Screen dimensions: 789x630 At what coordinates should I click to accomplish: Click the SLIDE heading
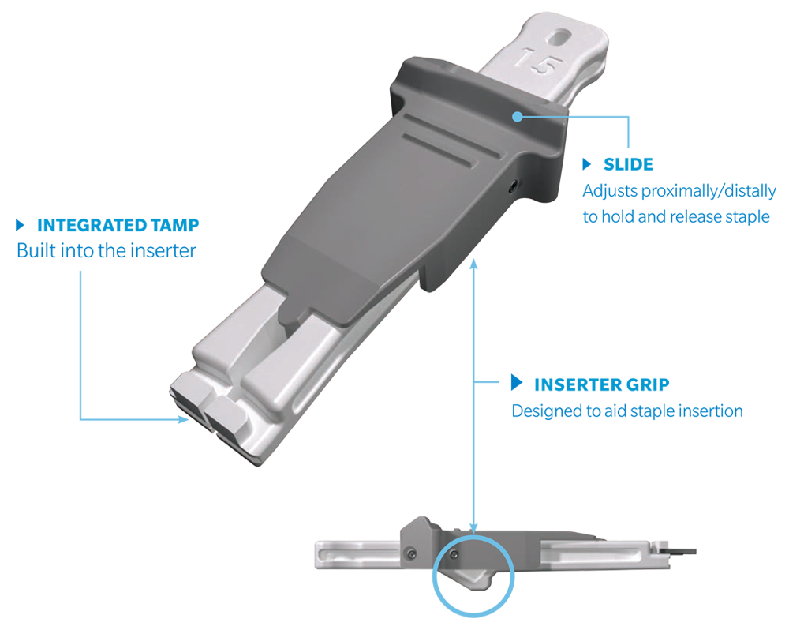coord(628,164)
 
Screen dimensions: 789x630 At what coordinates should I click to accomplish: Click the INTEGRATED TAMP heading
coord(118,225)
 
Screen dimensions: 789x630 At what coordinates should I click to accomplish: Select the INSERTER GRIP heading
coord(602,384)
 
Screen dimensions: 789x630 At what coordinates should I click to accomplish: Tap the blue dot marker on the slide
coord(518,117)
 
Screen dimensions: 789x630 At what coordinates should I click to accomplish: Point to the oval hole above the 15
coord(560,37)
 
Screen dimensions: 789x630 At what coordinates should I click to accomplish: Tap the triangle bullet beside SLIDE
coord(587,164)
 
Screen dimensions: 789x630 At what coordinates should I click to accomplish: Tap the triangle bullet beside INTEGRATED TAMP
coord(21,225)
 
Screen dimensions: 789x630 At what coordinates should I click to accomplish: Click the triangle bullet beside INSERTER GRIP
coord(517,382)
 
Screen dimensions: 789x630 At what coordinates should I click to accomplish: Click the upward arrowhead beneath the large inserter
coord(473,264)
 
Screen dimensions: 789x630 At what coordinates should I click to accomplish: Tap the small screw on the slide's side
coord(512,187)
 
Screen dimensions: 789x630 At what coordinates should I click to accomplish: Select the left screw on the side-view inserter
coord(412,554)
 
